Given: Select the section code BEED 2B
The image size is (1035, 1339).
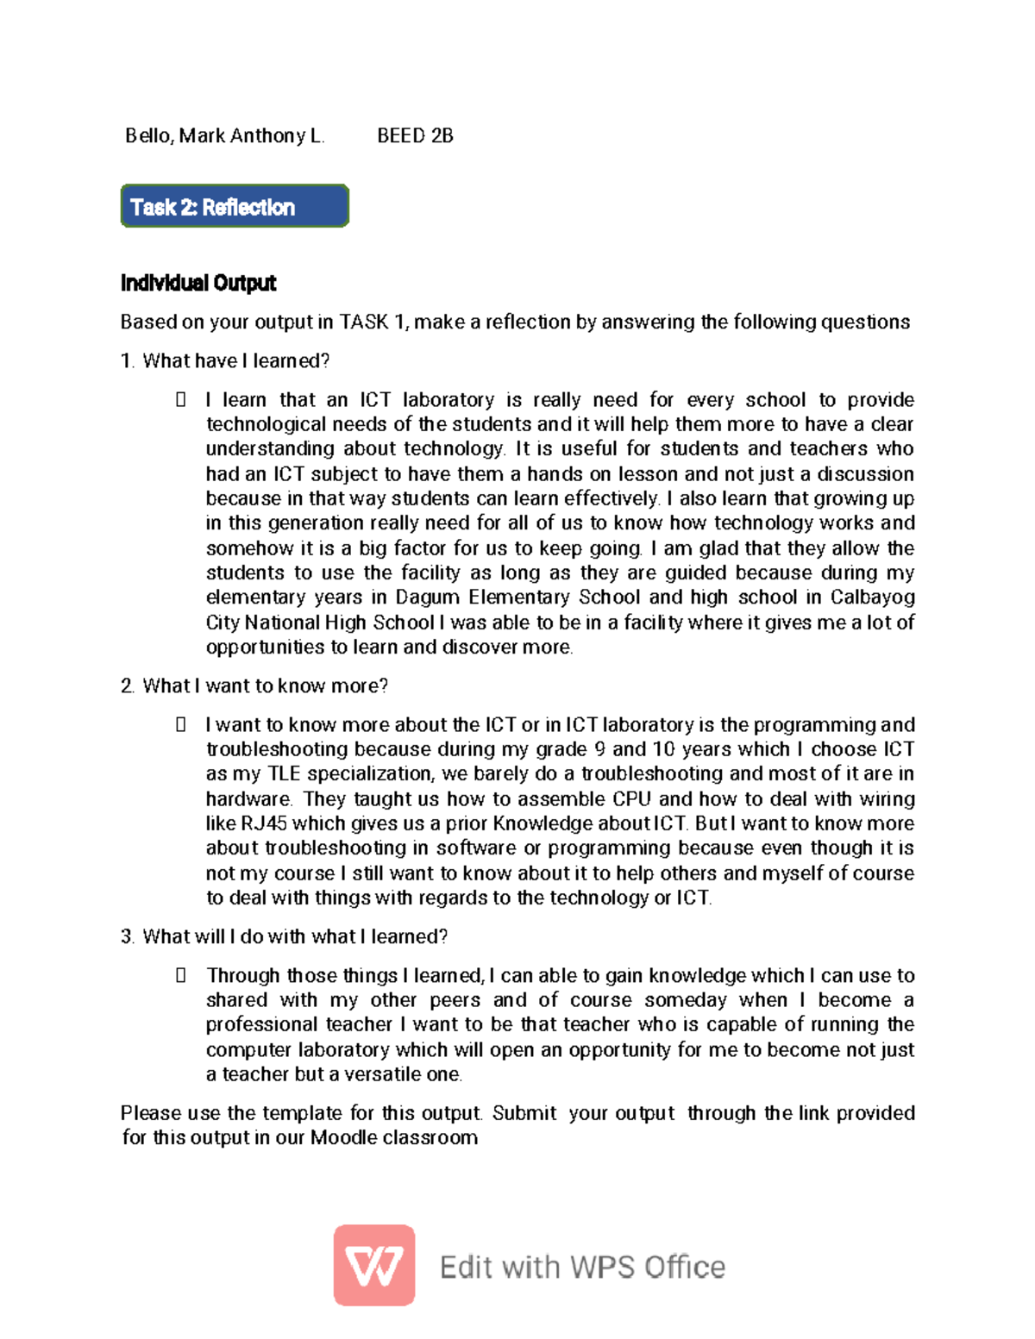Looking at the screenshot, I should (x=415, y=136).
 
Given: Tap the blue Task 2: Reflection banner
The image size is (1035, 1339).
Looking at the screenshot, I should (x=235, y=207).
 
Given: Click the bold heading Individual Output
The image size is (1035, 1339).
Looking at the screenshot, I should (x=198, y=283).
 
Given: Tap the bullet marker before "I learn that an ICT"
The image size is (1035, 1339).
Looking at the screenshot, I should (x=181, y=400).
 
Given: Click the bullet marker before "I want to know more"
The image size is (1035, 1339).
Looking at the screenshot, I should (x=181, y=725).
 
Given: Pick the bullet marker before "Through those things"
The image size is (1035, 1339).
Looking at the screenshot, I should (x=181, y=976).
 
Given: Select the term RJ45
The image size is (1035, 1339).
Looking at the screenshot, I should (x=263, y=823).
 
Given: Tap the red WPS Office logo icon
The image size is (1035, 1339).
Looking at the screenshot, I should (x=374, y=1266).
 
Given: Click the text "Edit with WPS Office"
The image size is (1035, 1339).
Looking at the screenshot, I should (x=582, y=1267).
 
